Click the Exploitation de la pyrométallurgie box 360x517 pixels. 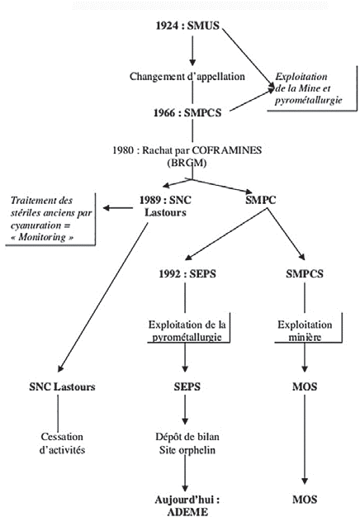tap(191, 330)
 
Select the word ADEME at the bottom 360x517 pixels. tap(192, 511)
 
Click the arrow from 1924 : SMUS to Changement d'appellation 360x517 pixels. tap(192, 51)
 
